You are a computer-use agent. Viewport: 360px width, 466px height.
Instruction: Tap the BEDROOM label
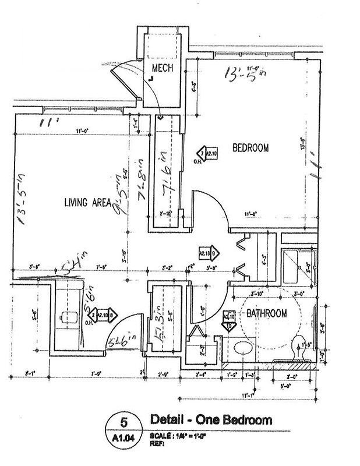tap(250, 149)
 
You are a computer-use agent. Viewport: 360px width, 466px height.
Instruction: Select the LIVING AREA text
tap(88, 203)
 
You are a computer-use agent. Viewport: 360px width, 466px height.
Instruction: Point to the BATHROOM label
tap(266, 314)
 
